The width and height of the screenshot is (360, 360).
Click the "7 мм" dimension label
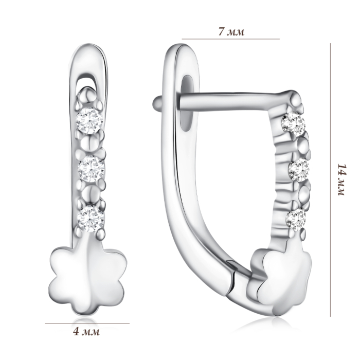[231, 32]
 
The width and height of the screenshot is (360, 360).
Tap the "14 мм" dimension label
[342, 179]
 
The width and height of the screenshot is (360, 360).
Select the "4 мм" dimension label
[86, 332]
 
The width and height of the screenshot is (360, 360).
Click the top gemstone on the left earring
[89, 120]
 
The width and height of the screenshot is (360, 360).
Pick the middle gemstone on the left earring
[91, 169]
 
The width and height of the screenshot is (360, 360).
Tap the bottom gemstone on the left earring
[91, 219]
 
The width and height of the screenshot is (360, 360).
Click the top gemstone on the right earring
[294, 124]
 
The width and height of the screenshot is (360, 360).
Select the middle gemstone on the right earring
[299, 170]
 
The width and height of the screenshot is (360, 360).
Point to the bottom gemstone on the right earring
[296, 220]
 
